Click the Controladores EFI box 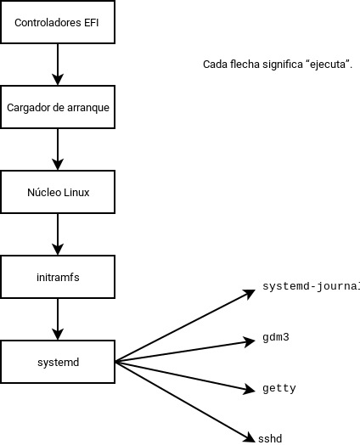tap(58, 22)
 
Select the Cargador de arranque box tap(58, 107)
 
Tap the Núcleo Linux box tap(58, 192)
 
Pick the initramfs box tap(58, 277)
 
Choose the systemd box tap(58, 362)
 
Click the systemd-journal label tap(311, 285)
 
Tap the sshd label tap(270, 438)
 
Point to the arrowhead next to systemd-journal tap(250, 293)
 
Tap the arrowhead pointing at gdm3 tap(250, 341)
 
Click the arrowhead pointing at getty tap(250, 389)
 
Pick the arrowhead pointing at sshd tap(250, 437)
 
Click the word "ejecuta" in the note tap(323, 65)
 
